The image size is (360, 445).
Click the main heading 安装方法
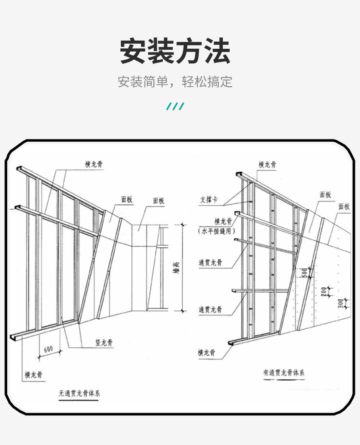[x=175, y=51]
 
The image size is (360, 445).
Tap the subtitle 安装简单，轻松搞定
[x=175, y=82]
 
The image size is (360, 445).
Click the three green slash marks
[x=175, y=107]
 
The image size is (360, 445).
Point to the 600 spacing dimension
[x=48, y=349]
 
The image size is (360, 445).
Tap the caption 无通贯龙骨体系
[x=79, y=393]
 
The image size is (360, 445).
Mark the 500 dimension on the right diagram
[x=304, y=274]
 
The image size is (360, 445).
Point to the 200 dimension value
[x=324, y=291]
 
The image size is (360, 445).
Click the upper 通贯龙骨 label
[x=210, y=263]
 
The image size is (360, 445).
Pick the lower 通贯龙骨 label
[x=210, y=310]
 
